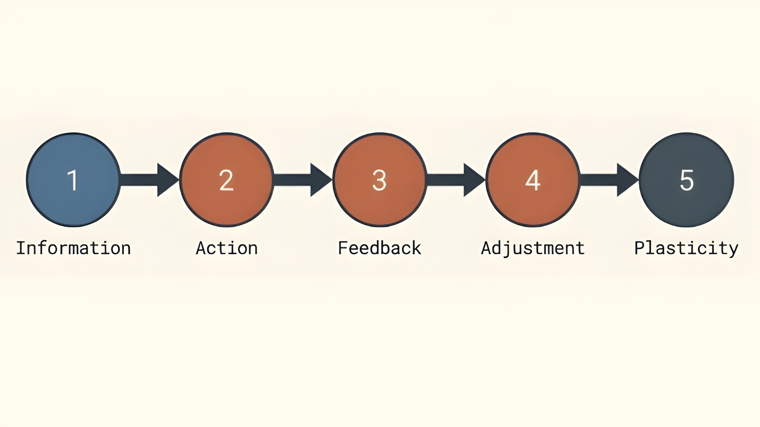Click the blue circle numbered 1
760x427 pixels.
click(x=73, y=180)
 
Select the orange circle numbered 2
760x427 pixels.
click(x=227, y=180)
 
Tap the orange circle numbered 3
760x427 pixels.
click(x=380, y=180)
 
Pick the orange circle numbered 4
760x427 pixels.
click(x=533, y=180)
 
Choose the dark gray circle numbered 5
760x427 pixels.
click(x=686, y=180)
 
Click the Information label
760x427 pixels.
click(x=73, y=248)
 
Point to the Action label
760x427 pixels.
click(x=227, y=248)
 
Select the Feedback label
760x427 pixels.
click(x=380, y=248)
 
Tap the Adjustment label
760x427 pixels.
click(x=533, y=248)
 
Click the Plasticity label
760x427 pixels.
click(x=686, y=248)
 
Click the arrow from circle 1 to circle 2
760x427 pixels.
click(x=150, y=180)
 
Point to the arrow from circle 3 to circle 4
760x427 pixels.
click(x=456, y=180)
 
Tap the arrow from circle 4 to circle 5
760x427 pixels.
click(x=609, y=180)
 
